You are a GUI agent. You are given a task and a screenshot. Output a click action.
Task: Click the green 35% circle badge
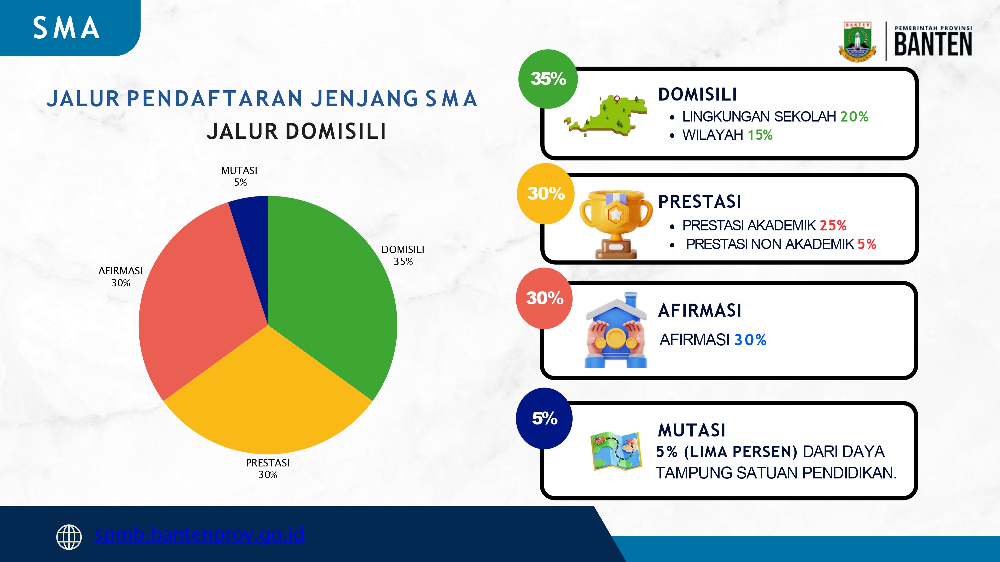coord(548,79)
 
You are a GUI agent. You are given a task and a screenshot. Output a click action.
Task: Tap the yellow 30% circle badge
coord(545,193)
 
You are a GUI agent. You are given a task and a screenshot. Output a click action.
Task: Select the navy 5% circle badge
coord(544,419)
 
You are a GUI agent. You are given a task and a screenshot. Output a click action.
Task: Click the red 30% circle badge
coord(544,298)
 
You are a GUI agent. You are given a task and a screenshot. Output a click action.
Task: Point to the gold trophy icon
coord(616,223)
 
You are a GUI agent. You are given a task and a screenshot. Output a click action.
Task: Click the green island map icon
coord(606,116)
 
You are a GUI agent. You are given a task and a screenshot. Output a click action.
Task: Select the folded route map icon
coord(616,451)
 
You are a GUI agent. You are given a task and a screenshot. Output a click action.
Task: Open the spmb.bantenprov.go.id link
coord(199,534)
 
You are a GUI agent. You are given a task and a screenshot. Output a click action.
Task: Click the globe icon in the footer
coord(69,537)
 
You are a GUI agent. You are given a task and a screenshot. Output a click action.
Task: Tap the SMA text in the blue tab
coord(66,28)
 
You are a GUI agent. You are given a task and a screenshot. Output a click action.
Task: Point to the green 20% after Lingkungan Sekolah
coord(854,116)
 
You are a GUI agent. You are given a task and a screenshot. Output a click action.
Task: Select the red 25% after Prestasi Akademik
coord(833,225)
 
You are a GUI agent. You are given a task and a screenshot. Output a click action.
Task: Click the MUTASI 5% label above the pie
coord(240,176)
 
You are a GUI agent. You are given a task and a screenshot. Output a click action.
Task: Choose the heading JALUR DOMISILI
coord(297,131)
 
